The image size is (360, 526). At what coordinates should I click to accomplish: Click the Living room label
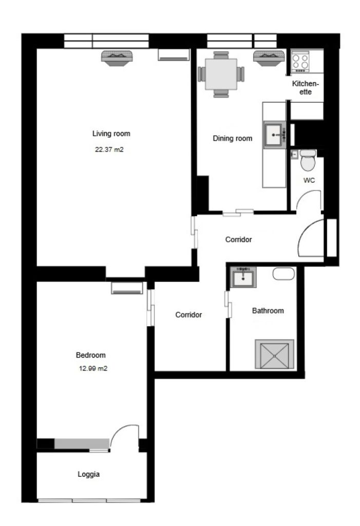[111, 134]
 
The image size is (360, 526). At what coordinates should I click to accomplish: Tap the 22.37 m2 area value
[109, 151]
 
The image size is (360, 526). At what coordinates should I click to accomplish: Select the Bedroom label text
[90, 355]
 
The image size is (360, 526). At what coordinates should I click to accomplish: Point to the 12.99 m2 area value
[90, 368]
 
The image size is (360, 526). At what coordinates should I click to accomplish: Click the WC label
[309, 180]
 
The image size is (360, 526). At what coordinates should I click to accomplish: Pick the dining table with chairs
[221, 75]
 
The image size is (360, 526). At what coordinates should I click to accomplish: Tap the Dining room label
[233, 138]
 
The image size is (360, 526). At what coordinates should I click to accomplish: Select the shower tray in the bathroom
[274, 354]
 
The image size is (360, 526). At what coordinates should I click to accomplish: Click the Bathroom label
[268, 311]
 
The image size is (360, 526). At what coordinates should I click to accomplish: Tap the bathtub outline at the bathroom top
[282, 274]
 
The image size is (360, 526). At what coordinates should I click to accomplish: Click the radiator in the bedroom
[127, 289]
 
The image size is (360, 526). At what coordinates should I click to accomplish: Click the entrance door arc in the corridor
[311, 236]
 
